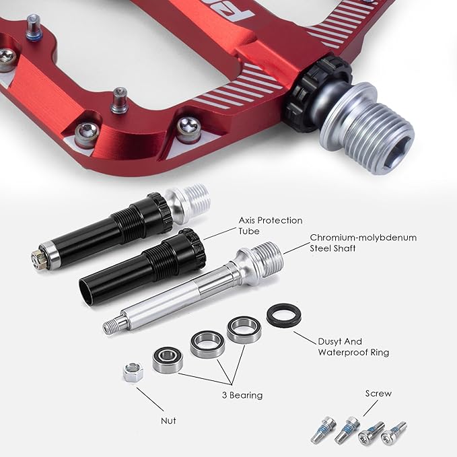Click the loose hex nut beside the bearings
click(133, 372)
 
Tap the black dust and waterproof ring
click(284, 315)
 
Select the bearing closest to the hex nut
click(168, 360)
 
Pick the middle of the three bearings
click(207, 345)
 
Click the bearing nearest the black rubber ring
click(244, 330)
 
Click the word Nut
click(168, 421)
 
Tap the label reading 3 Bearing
click(242, 395)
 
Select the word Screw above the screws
click(378, 394)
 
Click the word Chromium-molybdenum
click(363, 238)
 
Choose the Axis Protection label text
click(271, 220)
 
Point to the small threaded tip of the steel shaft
click(112, 326)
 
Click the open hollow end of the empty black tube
click(86, 291)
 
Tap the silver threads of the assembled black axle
click(194, 200)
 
